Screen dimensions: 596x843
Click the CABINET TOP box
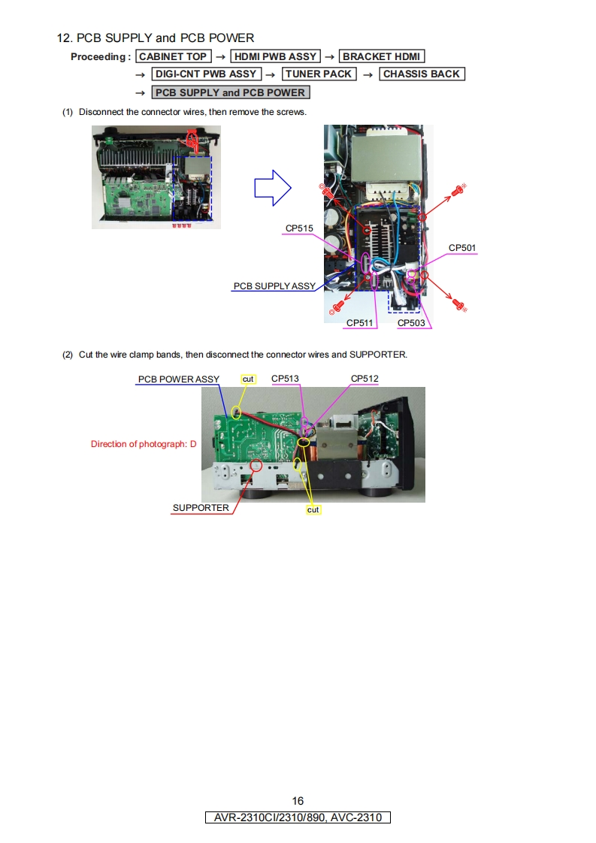(x=173, y=56)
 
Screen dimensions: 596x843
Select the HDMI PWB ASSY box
(x=275, y=56)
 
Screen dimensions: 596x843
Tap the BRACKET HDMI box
(x=381, y=56)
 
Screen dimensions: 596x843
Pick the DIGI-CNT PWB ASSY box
(x=206, y=74)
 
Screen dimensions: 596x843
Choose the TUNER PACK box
(x=319, y=74)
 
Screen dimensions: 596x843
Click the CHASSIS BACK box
(x=422, y=74)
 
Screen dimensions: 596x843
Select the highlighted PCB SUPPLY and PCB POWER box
(x=230, y=92)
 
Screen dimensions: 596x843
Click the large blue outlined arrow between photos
(x=273, y=188)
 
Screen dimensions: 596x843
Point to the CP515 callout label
(x=299, y=228)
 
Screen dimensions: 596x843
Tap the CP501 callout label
(x=462, y=248)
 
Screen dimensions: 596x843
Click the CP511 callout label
(x=359, y=323)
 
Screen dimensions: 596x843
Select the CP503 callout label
(x=411, y=323)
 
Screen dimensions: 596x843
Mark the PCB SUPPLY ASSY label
(x=274, y=286)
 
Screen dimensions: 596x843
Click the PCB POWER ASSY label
(x=179, y=379)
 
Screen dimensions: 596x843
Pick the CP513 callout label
(x=285, y=379)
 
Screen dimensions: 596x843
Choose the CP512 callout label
(x=365, y=379)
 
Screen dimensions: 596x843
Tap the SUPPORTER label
(x=201, y=508)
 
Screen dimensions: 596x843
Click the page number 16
(x=298, y=801)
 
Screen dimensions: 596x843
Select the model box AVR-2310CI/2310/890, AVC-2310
(x=298, y=817)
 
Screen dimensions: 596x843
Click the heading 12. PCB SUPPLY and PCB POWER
(x=156, y=38)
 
